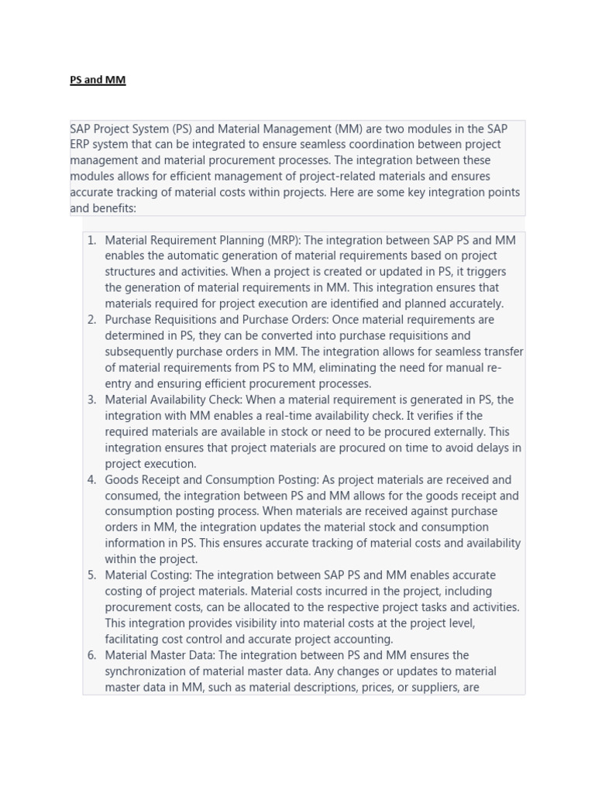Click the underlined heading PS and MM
pos(98,80)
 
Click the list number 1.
pos(91,240)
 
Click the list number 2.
pos(91,320)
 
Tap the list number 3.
pos(91,400)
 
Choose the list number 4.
pos(91,479)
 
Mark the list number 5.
pos(91,575)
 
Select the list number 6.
pos(91,655)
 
